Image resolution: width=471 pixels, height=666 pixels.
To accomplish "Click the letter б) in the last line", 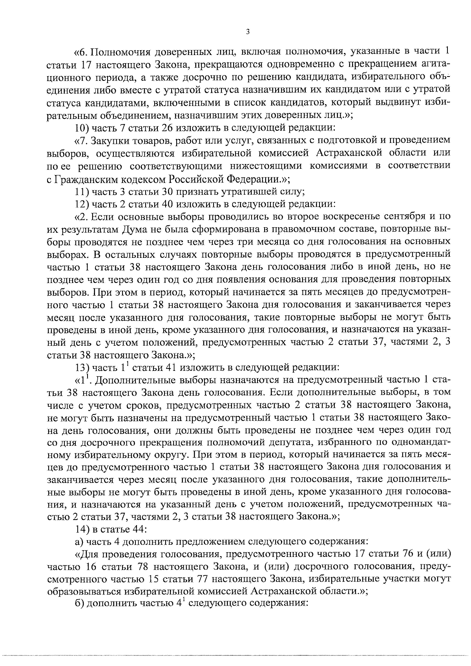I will [x=79, y=605].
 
